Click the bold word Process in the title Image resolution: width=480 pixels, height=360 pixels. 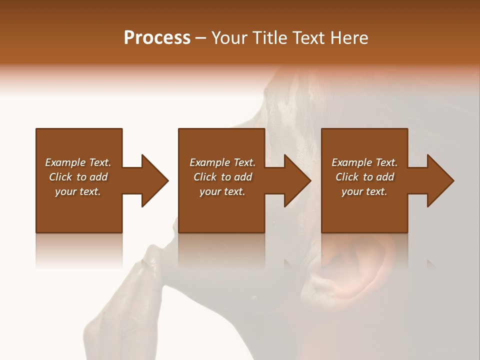tap(157, 38)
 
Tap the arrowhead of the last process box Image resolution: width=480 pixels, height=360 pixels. tap(439, 180)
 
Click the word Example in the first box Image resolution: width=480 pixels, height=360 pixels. tap(65, 162)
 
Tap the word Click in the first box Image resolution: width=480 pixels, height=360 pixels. tap(60, 177)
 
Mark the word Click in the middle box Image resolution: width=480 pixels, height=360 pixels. tap(205, 177)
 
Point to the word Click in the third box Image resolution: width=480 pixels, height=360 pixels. tap(347, 177)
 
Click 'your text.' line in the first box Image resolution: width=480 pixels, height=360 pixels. tap(78, 191)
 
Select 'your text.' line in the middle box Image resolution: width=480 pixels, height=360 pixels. tap(222, 191)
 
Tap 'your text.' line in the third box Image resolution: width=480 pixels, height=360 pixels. tap(364, 191)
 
